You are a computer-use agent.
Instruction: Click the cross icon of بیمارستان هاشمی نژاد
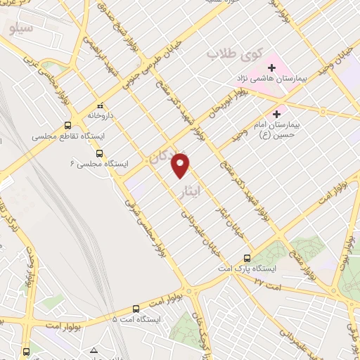[272, 67]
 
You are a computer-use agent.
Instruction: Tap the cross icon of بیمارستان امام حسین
[277, 112]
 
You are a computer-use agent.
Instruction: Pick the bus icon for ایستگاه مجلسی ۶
[99, 152]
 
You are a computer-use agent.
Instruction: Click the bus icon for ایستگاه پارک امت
[247, 257]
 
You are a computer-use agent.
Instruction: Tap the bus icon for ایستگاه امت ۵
[136, 308]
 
